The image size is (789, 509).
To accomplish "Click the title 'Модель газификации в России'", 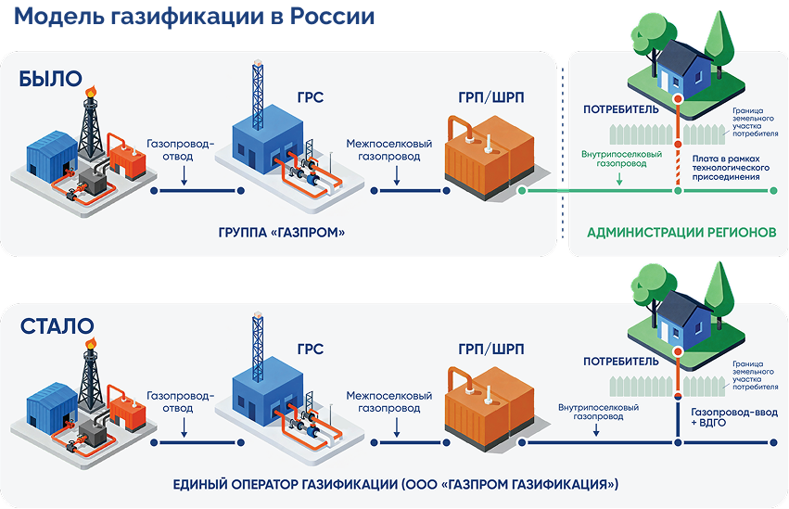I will coord(194,18).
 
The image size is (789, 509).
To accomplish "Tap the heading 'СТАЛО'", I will coord(57,325).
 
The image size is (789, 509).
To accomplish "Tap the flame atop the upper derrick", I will coord(90,91).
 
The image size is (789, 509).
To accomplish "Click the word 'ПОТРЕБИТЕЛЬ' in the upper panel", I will coord(620,109).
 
